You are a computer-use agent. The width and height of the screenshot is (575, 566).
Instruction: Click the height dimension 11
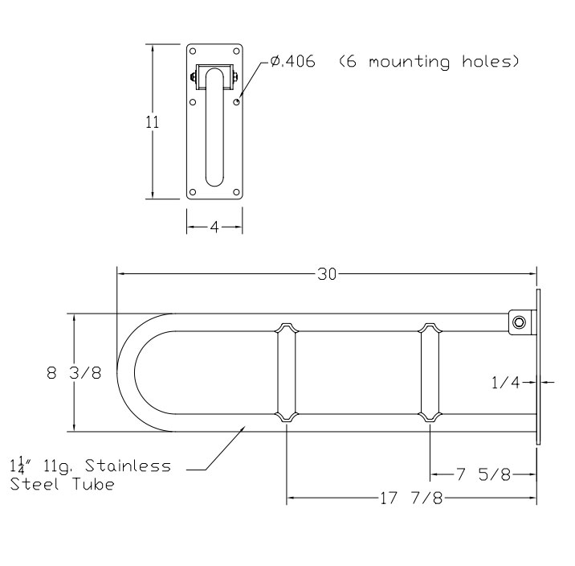[x=153, y=122]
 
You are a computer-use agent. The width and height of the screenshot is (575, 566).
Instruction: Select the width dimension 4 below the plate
[x=214, y=228]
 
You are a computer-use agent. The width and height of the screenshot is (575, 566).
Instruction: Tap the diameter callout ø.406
[x=292, y=62]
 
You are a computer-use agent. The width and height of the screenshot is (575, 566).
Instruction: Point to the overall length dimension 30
[x=326, y=274]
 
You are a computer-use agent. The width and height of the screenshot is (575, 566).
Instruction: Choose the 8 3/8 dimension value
[x=74, y=374]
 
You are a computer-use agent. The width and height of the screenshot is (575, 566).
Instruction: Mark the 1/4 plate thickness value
[x=505, y=383]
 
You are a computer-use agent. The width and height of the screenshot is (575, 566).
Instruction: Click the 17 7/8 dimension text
[x=410, y=499]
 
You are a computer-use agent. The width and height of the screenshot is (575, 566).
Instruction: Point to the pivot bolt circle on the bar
[x=520, y=322]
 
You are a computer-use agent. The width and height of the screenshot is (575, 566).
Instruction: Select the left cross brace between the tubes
[x=287, y=374]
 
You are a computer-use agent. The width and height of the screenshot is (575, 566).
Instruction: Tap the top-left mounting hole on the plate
[x=194, y=51]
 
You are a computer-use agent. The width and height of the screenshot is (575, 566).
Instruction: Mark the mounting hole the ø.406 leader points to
[x=236, y=102]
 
